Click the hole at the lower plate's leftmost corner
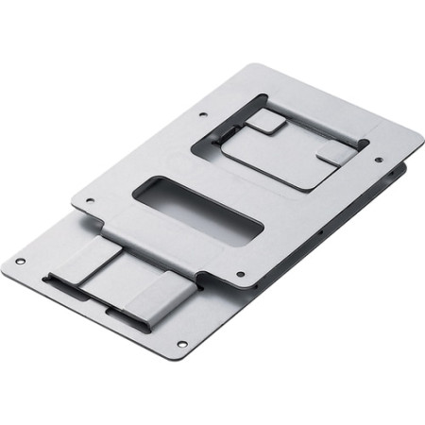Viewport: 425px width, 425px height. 20,262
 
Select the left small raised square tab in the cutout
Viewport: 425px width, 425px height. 266,120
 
